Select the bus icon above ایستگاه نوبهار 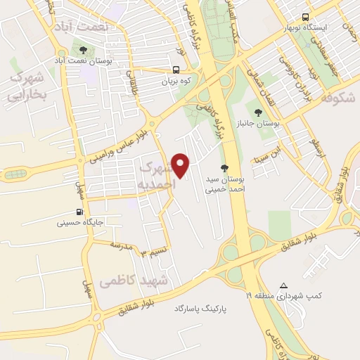(304, 17)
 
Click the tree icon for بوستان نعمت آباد (84, 50)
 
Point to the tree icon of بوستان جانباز (259, 111)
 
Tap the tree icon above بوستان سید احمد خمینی (224, 167)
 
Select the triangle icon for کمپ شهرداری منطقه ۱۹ (284, 285)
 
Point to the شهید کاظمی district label (134, 281)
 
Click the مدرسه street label (122, 244)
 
